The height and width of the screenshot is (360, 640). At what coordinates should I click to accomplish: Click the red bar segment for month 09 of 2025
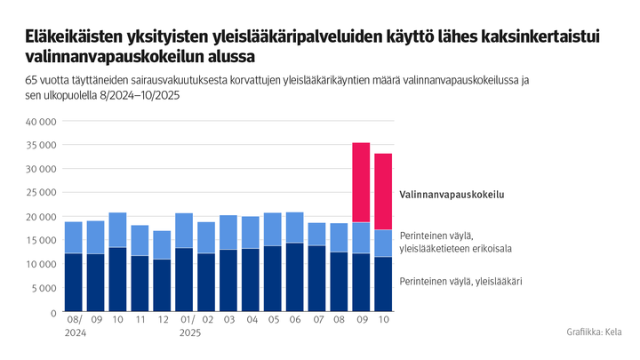(361, 182)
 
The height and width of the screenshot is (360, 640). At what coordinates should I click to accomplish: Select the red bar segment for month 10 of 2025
(383, 191)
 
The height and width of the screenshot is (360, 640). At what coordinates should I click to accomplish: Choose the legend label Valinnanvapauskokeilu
(445, 193)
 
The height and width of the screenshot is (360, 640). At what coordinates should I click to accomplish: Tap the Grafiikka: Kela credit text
(594, 332)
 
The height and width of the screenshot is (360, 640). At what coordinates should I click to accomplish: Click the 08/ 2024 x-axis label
(74, 325)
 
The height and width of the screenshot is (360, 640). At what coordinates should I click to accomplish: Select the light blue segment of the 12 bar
(162, 245)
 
